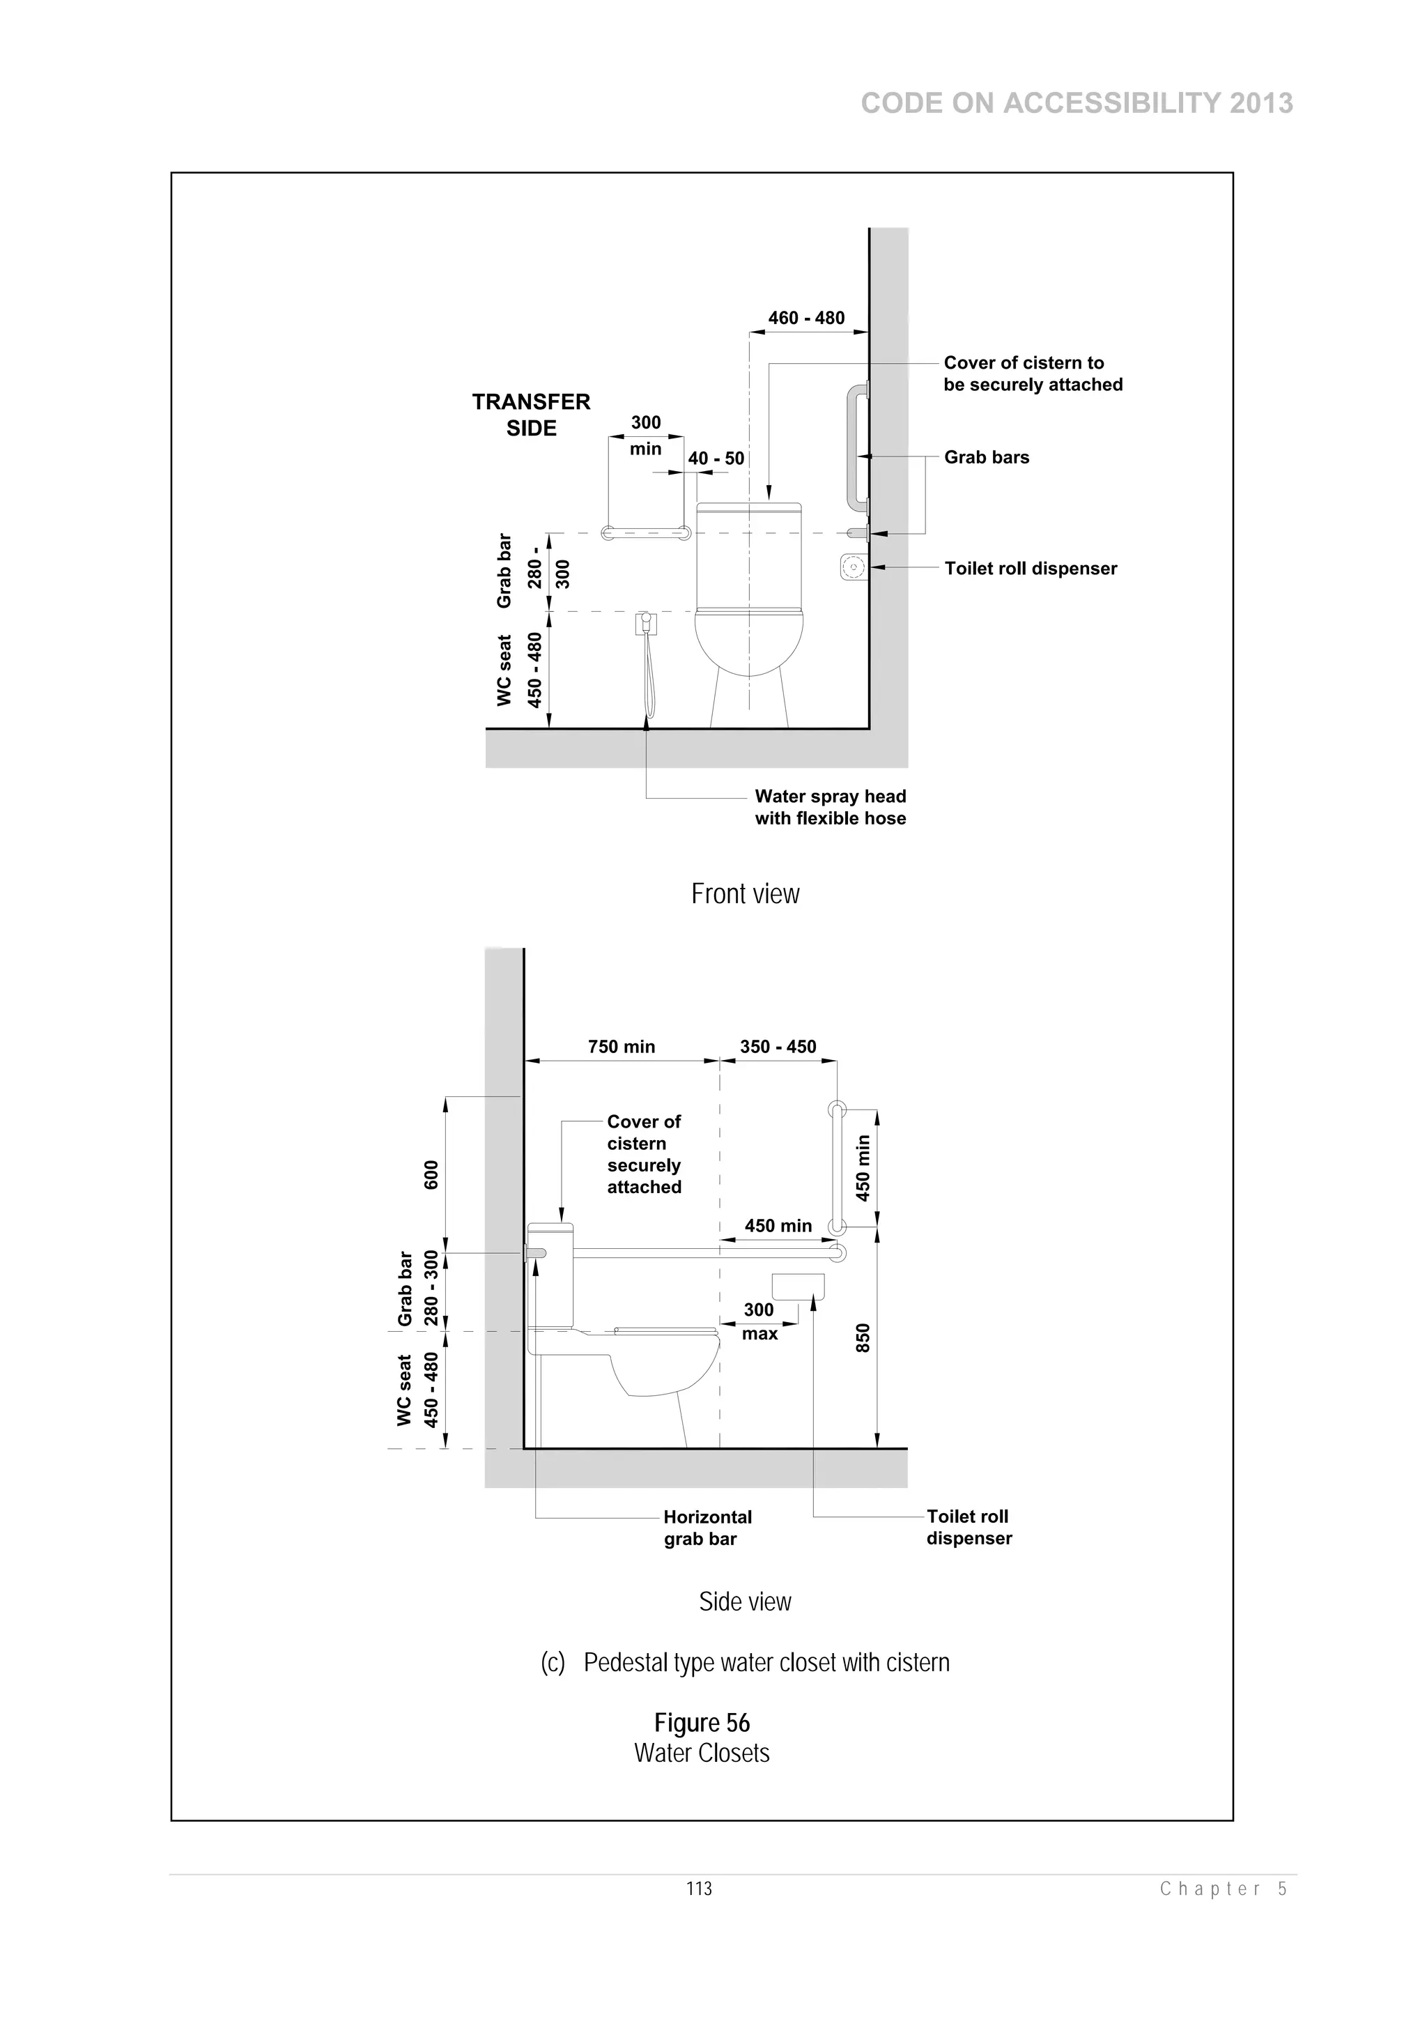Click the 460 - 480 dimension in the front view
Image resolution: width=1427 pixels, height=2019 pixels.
(x=805, y=318)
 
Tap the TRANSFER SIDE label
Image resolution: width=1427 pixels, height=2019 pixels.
(x=531, y=415)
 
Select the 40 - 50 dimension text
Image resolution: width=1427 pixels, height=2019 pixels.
(x=716, y=458)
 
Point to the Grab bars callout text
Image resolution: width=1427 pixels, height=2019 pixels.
(x=987, y=457)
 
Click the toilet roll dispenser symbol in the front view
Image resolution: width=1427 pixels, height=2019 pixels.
(x=853, y=567)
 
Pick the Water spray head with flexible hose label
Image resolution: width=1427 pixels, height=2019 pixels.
(x=830, y=807)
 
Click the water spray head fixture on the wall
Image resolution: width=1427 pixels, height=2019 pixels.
(x=646, y=624)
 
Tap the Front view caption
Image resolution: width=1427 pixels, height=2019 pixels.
(x=745, y=893)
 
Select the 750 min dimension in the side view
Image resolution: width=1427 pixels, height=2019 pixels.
(x=621, y=1046)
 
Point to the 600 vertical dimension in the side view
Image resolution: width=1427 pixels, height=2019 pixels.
(x=431, y=1175)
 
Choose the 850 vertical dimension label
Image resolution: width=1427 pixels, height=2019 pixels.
(x=863, y=1337)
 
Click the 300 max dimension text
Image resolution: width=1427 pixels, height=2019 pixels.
(x=759, y=1321)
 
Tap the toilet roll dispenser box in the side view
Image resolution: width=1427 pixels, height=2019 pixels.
(x=798, y=1287)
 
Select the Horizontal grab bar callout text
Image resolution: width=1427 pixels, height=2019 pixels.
(x=707, y=1528)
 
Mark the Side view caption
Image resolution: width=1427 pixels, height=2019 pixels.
(x=745, y=1602)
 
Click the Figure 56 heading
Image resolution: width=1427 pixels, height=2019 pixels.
(x=702, y=1723)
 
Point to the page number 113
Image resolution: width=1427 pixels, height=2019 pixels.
(x=699, y=1888)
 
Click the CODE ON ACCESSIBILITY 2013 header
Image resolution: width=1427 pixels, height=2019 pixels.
(x=1077, y=104)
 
